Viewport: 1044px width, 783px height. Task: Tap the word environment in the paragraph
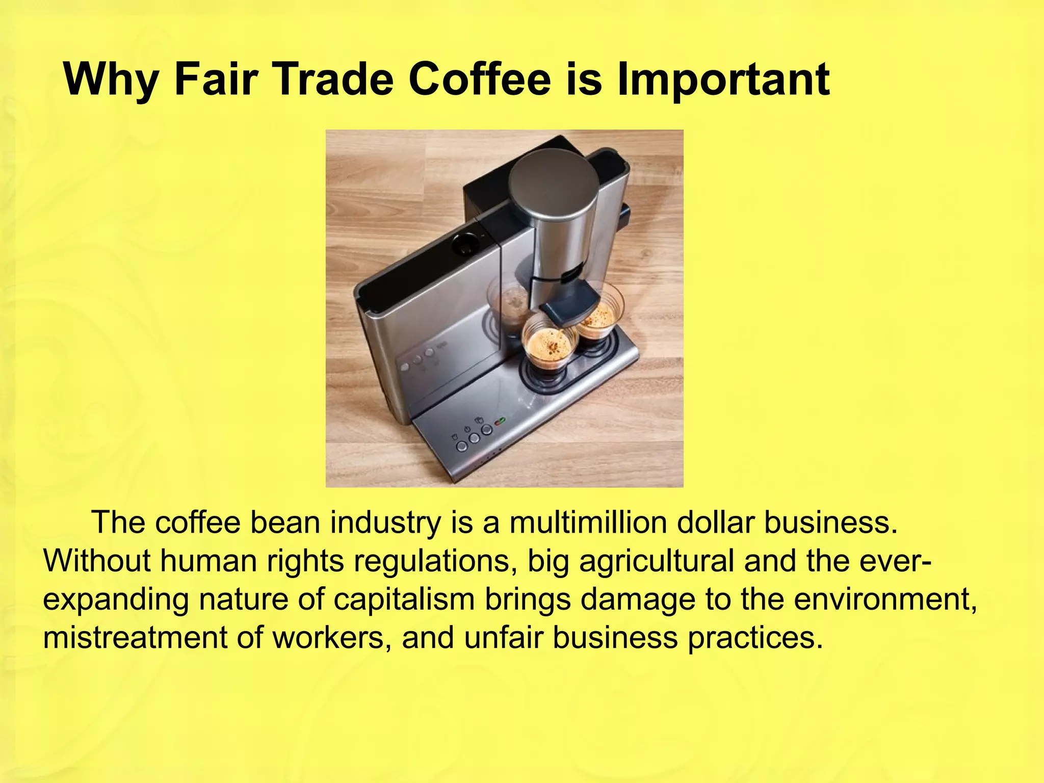click(884, 599)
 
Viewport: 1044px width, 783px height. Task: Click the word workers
click(328, 638)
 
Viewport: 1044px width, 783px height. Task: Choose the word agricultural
click(657, 561)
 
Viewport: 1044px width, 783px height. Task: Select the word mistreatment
click(135, 638)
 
